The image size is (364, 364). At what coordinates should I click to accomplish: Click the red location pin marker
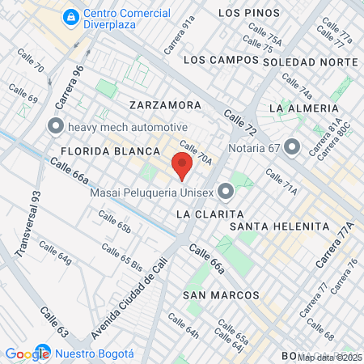point(182,167)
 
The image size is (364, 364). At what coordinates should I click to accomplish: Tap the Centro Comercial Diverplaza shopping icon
point(72,15)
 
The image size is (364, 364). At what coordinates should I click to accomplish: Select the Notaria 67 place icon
point(292,147)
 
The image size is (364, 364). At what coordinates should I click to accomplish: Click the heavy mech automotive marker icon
point(55,127)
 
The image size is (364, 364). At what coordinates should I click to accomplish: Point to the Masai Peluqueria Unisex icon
point(226,191)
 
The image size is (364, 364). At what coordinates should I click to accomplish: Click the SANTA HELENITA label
point(269,226)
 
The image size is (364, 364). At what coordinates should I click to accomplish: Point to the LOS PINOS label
point(249,13)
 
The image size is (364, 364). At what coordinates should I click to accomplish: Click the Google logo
point(27,353)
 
